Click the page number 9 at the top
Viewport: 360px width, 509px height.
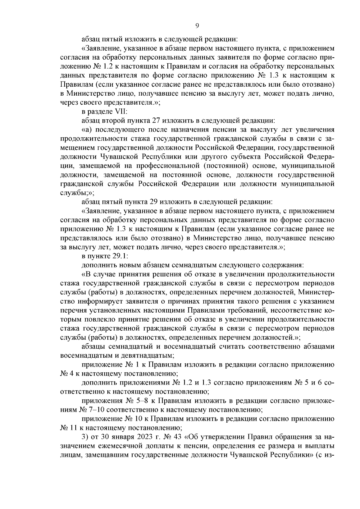point(197,26)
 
